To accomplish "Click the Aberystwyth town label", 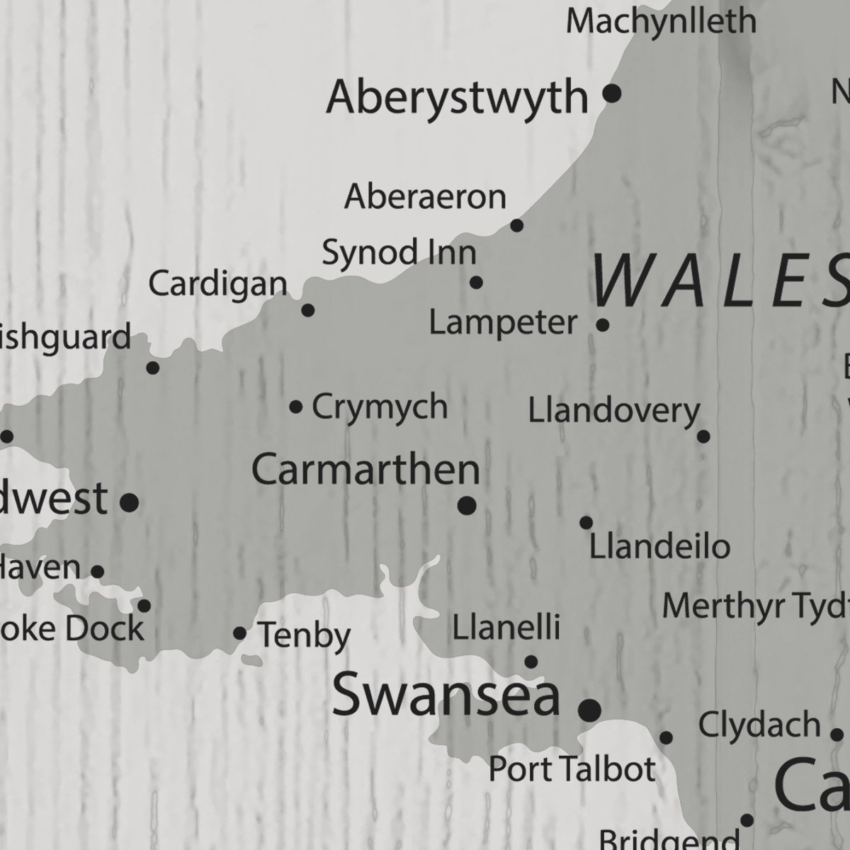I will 457,98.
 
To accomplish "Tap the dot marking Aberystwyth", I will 612,93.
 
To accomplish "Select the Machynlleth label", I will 661,21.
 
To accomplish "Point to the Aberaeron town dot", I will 517,226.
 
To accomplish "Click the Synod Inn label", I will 399,253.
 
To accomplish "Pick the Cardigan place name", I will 218,284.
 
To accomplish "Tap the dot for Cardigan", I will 308,310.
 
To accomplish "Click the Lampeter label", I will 504,323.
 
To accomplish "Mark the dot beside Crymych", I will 296,407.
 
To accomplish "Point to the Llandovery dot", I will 703,436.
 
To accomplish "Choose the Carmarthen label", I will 365,470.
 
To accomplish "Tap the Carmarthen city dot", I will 467,506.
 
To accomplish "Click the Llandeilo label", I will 659,547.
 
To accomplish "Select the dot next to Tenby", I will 240,633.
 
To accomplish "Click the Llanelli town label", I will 506,627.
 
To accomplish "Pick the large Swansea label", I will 446,694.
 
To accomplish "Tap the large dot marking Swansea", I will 589,709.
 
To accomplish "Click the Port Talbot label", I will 572,769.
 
